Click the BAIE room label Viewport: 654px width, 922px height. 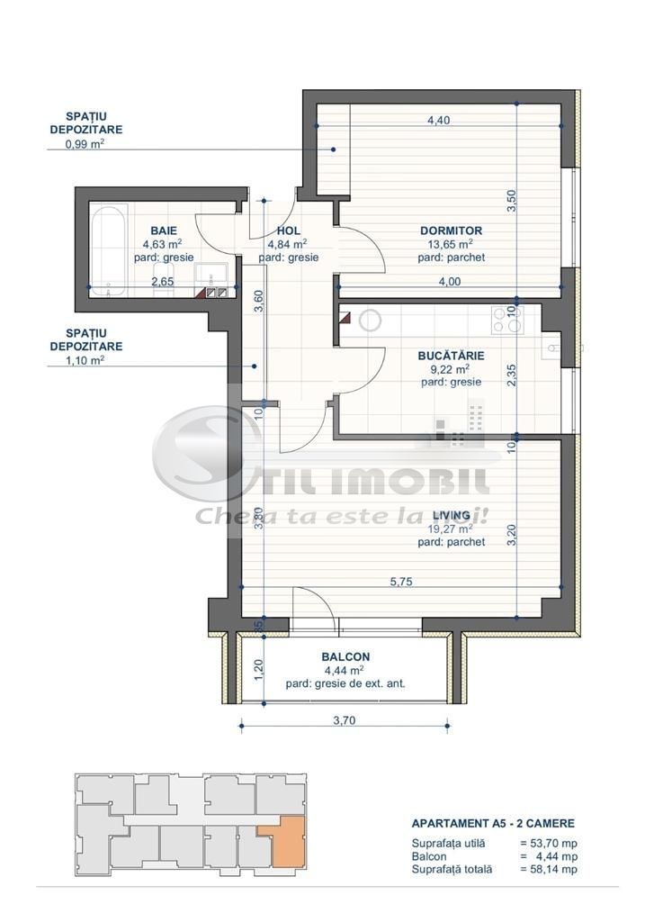pos(162,230)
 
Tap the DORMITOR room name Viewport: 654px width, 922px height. pos(451,230)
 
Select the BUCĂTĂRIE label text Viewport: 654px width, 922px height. pos(451,356)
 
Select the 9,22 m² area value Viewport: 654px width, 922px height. pos(451,369)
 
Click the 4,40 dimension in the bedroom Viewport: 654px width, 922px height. pos(438,120)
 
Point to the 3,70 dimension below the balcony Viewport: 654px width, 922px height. pos(345,720)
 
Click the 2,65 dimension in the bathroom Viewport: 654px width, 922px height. pos(162,282)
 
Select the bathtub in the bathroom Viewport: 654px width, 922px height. pos(109,250)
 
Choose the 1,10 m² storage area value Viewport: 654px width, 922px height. pos(85,359)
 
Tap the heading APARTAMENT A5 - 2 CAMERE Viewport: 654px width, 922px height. pos(492,823)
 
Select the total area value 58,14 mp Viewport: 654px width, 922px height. pos(550,869)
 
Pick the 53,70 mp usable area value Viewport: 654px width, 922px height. pos(550,843)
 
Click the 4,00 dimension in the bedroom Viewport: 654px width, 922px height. pos(449,281)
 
